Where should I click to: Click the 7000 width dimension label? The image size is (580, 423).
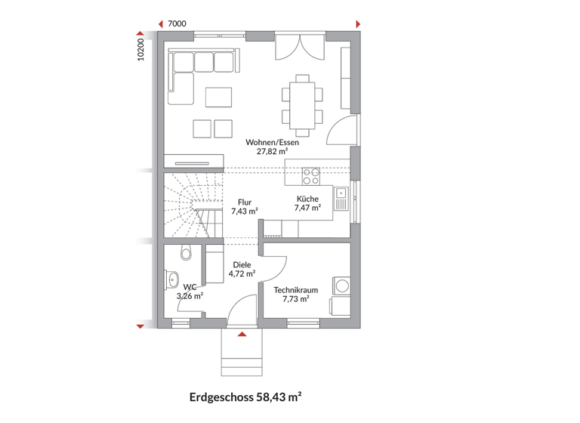click(x=177, y=23)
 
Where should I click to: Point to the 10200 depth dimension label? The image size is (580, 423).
click(x=140, y=50)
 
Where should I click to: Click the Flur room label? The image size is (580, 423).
click(x=244, y=202)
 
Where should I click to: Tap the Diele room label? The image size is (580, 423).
click(x=242, y=264)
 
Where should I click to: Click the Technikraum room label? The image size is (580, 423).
click(x=296, y=289)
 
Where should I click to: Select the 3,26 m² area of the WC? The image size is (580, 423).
click(x=190, y=296)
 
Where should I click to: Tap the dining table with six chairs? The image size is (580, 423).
click(x=303, y=100)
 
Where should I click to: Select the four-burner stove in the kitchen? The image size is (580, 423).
click(x=310, y=176)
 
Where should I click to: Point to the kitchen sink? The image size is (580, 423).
click(x=341, y=197)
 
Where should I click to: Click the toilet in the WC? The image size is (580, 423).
click(x=187, y=254)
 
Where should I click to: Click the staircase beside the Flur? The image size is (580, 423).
click(x=193, y=205)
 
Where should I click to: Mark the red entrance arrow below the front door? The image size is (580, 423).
click(x=242, y=333)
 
